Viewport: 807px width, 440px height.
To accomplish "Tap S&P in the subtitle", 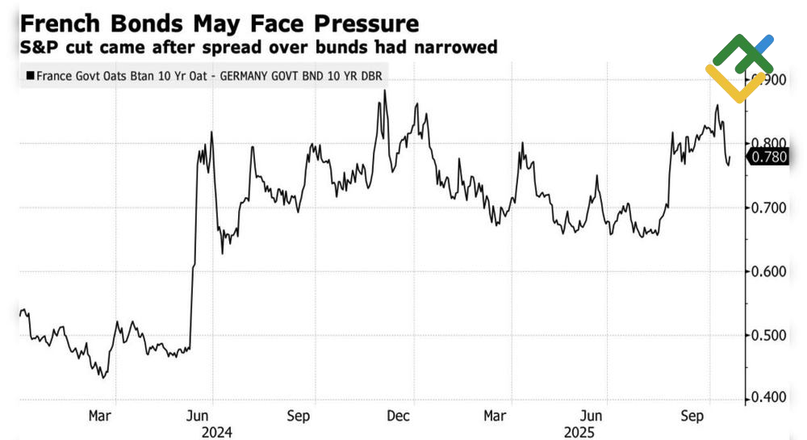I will point(41,48).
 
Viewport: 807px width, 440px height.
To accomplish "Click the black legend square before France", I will point(30,76).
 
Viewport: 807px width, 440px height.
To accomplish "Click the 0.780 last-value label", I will point(768,157).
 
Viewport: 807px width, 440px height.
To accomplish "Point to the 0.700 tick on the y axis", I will point(767,207).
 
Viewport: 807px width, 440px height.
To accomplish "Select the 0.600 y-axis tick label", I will point(767,271).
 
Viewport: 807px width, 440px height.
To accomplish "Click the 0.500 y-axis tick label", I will point(767,335).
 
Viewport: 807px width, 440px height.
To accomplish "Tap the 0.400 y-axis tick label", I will point(767,397).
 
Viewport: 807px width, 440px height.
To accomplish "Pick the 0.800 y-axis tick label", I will point(767,144).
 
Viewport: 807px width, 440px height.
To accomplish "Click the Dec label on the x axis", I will point(398,415).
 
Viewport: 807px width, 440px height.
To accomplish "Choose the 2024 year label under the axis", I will point(215,431).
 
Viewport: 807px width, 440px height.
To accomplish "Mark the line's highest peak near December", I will point(385,90).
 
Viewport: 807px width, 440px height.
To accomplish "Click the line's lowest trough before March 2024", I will point(103,377).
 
